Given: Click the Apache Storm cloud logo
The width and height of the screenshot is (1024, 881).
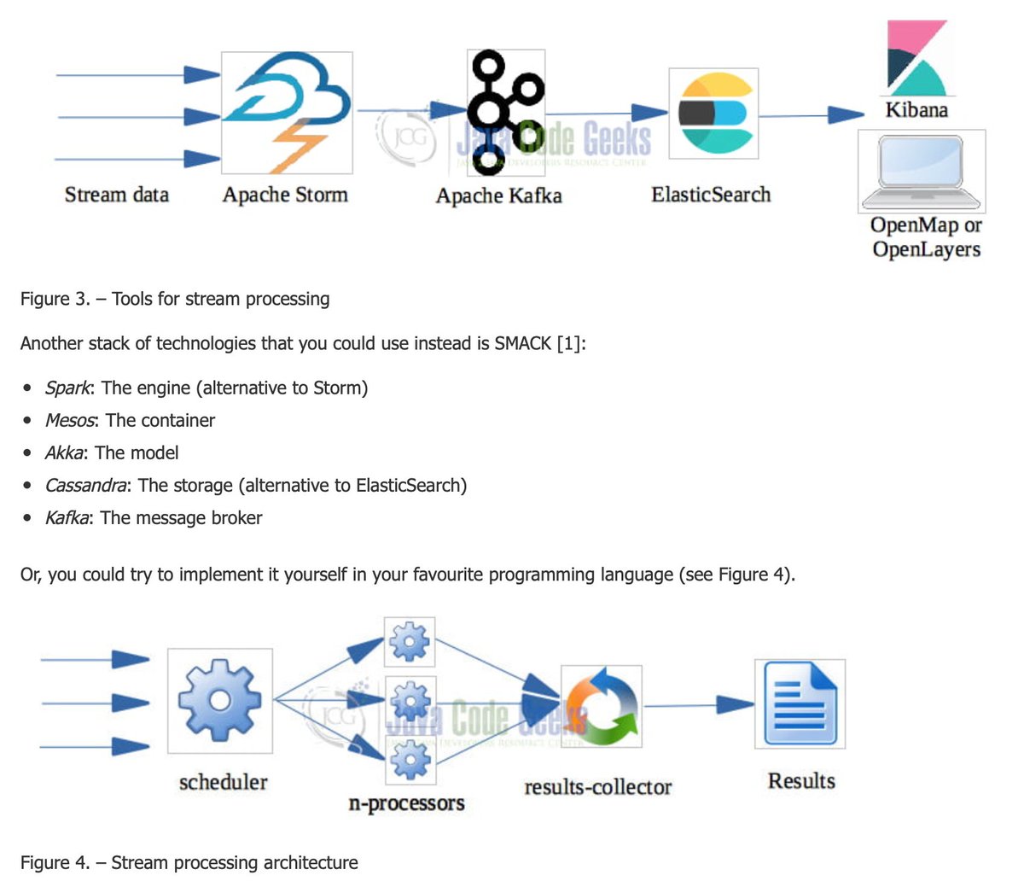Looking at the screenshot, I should (x=287, y=112).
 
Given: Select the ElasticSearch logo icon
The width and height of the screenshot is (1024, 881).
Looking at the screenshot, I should (x=713, y=114).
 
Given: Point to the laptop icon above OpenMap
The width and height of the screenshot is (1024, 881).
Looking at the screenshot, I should (x=922, y=171).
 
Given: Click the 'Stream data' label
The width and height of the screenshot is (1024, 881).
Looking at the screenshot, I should (x=117, y=195).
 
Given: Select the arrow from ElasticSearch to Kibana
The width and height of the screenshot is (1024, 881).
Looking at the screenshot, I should (x=811, y=114).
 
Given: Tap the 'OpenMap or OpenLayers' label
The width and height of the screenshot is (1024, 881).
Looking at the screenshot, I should (x=926, y=237).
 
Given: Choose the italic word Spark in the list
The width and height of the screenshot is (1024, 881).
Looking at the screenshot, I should (x=67, y=388).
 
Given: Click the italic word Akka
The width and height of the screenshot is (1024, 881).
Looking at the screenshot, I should (x=64, y=452).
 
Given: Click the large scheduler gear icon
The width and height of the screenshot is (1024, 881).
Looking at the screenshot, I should (x=220, y=700).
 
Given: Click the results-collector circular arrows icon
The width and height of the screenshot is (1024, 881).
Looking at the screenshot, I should (x=602, y=707).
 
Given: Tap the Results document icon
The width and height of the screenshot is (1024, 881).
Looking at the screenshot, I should (x=800, y=703).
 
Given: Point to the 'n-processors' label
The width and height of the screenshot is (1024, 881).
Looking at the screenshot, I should (x=406, y=803).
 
